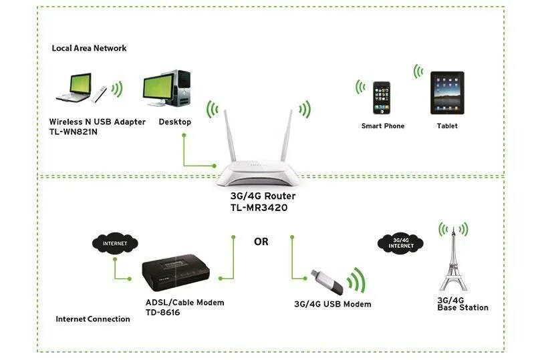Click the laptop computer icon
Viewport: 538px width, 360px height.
73,89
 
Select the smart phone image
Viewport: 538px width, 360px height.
382,99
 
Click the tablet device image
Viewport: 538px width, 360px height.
446,94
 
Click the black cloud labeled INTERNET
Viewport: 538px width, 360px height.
114,243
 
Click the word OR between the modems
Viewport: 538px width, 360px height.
261,242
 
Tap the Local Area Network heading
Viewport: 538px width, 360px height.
90,48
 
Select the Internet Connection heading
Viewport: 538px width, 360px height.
93,319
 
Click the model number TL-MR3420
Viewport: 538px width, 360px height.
261,208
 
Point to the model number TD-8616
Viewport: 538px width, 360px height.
163,313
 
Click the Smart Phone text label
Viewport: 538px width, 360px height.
383,126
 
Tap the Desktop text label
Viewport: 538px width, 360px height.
175,122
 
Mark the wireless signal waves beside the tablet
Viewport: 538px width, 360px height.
419,71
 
